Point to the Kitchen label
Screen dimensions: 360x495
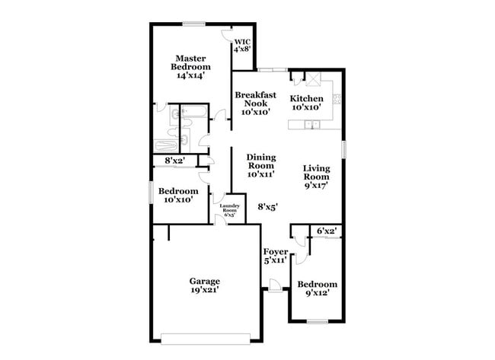pos(307,99)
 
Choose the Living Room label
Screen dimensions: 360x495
pos(317,177)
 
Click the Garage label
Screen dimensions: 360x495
pos(205,280)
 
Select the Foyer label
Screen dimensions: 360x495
pos(275,251)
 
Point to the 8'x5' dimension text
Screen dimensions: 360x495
pos(267,205)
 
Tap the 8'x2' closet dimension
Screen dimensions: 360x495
pos(176,161)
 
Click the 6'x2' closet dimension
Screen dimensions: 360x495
pos(327,230)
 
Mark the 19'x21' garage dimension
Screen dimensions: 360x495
pos(205,290)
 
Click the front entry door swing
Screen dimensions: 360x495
pos(273,286)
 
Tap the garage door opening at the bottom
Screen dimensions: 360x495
pos(206,337)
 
